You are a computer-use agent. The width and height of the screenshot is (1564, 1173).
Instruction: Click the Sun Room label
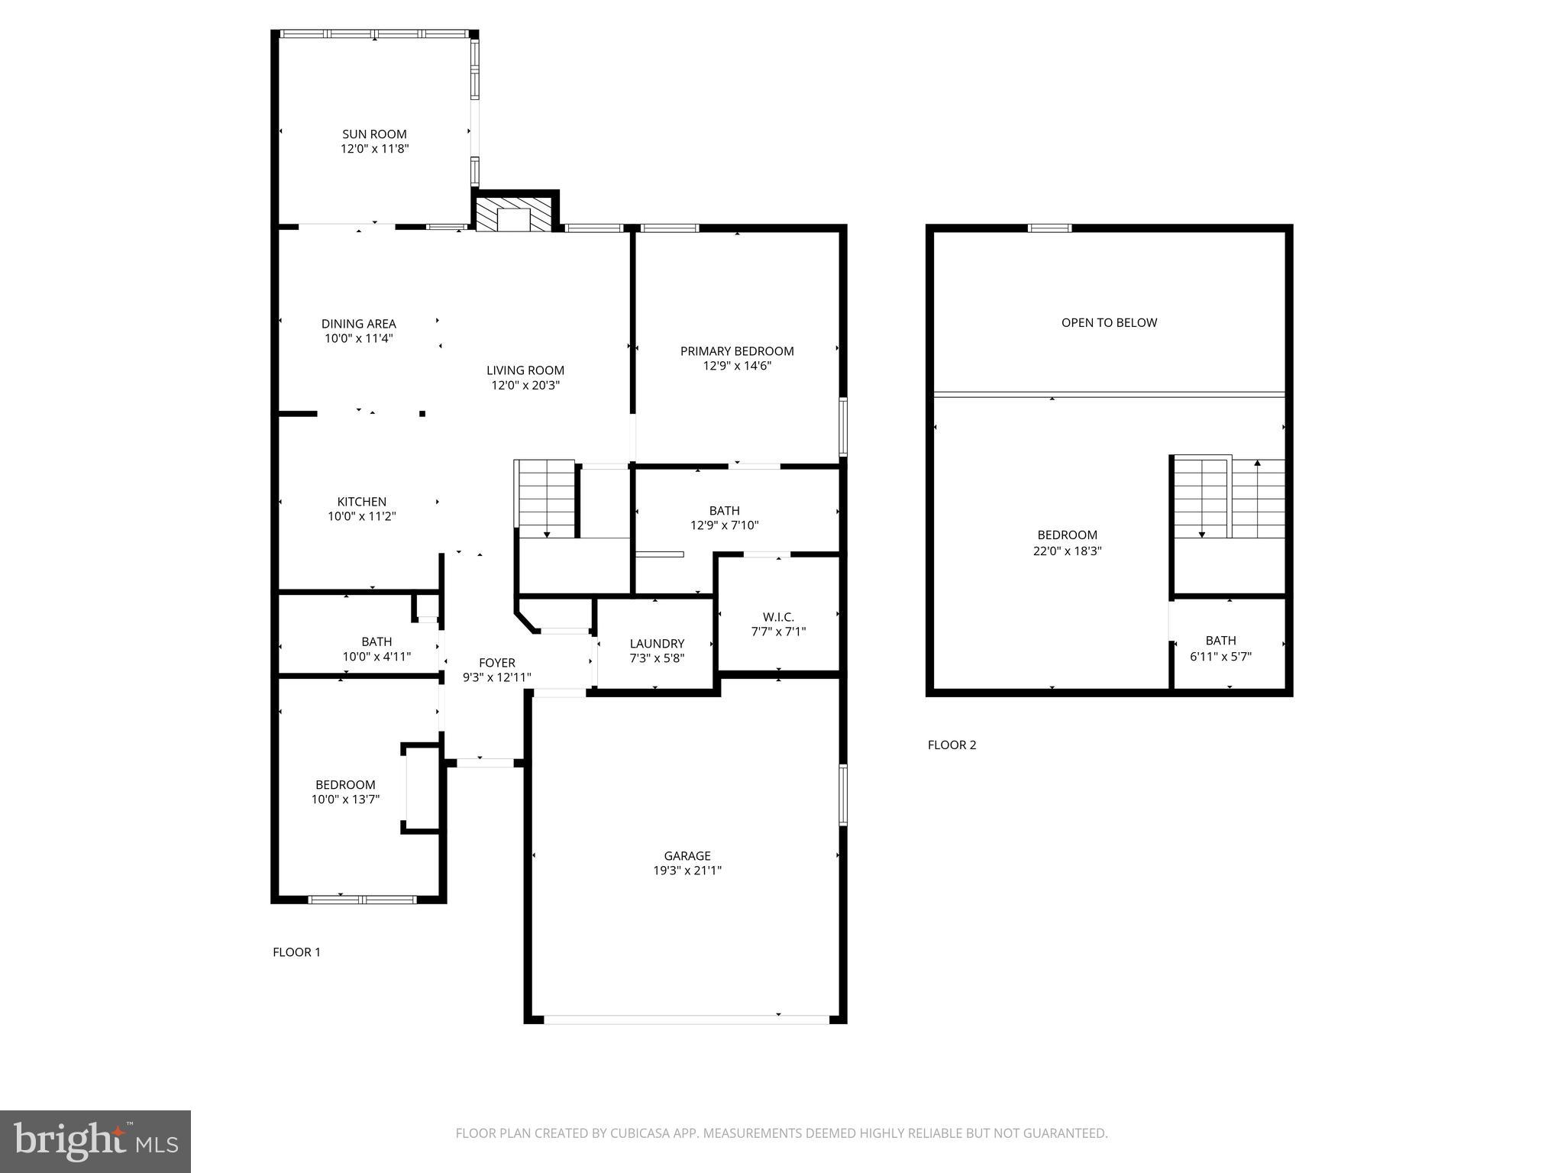tap(374, 134)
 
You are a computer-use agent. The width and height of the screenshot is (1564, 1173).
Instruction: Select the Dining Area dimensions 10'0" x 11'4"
tap(359, 338)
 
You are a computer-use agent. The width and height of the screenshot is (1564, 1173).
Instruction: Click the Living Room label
tap(525, 370)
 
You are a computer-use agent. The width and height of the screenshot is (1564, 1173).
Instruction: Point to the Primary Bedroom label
tap(737, 351)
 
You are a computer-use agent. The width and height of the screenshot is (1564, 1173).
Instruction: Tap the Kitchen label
tap(362, 502)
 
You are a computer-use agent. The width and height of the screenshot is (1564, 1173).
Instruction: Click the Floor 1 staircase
tap(547, 498)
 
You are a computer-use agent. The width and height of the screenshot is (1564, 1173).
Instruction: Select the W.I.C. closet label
tap(778, 617)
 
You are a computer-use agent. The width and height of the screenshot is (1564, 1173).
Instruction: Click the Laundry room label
tap(657, 644)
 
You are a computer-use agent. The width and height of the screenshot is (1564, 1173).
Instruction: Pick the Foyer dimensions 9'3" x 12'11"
tap(497, 677)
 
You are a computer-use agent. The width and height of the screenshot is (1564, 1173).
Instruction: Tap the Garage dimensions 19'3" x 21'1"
tap(687, 871)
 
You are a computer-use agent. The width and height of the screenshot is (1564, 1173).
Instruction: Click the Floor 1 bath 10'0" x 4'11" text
tap(376, 656)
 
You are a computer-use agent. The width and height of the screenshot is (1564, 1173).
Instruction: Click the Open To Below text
tap(1109, 323)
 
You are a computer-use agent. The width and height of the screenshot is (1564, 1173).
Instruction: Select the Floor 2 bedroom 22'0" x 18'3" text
tap(1067, 551)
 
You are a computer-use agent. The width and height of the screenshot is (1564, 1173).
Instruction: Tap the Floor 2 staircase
tap(1229, 498)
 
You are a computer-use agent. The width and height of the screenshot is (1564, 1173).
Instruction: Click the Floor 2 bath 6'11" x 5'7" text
tap(1220, 656)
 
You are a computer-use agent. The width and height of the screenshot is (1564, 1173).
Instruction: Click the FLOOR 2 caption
tap(952, 745)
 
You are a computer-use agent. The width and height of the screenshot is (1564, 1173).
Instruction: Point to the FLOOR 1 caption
tap(296, 952)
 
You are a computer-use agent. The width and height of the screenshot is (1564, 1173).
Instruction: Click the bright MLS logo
tap(95, 1142)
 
